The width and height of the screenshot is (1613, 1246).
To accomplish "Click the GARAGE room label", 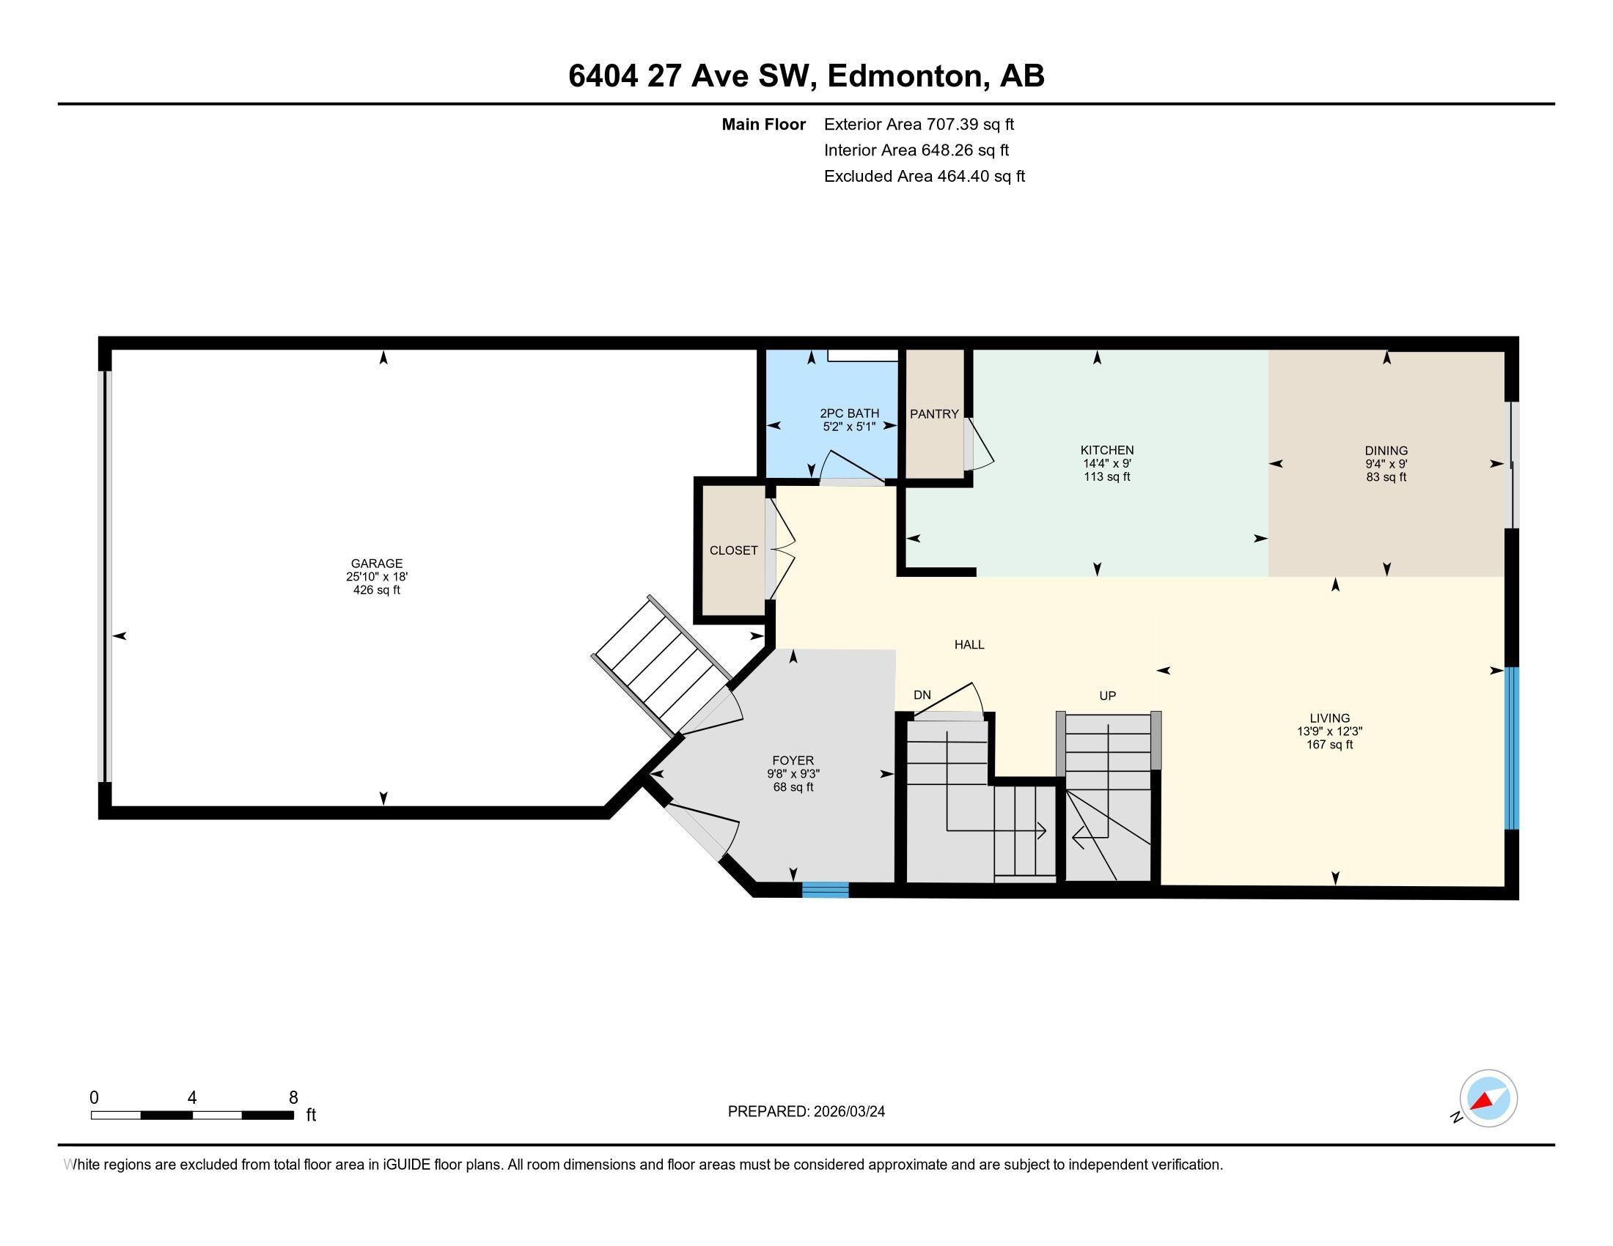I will (376, 563).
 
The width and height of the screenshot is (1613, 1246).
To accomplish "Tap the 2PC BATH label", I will (848, 413).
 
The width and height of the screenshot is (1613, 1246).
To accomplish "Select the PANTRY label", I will (933, 414).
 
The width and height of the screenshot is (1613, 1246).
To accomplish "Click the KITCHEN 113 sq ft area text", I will (1106, 477).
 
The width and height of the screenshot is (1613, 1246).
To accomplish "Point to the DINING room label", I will (1386, 450).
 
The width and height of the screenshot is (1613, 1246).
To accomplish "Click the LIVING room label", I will (1329, 718).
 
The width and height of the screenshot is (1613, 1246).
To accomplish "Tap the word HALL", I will (969, 644).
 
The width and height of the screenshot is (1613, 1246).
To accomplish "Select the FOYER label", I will (793, 760).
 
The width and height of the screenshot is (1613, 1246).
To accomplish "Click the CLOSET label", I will (733, 550).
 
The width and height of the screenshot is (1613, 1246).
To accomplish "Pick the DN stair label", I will (922, 695).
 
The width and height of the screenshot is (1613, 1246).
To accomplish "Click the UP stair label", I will (1107, 696).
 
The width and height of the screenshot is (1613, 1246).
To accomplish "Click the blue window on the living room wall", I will (1512, 748).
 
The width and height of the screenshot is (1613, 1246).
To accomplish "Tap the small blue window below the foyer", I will (825, 891).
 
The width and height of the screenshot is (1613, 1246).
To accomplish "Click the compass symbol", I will (1488, 1098).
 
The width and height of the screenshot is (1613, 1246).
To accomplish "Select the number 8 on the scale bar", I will (293, 1097).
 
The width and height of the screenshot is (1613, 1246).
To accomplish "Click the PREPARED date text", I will (806, 1111).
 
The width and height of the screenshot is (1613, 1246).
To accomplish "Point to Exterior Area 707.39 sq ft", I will (919, 124).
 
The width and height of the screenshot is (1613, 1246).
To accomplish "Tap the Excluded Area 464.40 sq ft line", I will (924, 176).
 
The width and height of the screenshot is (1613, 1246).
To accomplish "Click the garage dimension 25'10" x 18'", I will (376, 577).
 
